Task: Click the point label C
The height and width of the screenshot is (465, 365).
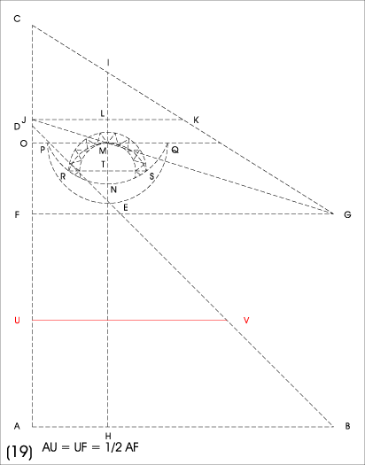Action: [x=17, y=19]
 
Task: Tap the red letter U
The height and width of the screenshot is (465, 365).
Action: [x=17, y=321]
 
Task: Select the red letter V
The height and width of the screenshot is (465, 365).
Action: [x=246, y=321]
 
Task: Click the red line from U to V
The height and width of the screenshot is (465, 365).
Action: [x=129, y=321]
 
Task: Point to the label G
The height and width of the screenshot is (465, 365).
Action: [x=347, y=214]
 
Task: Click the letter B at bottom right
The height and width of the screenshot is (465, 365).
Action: [x=347, y=426]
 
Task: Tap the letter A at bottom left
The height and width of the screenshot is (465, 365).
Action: [x=17, y=426]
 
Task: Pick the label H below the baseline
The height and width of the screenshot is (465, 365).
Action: [x=108, y=436]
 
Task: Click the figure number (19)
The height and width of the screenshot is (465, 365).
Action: [x=19, y=452]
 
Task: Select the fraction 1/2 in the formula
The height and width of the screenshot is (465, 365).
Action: [x=113, y=447]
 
